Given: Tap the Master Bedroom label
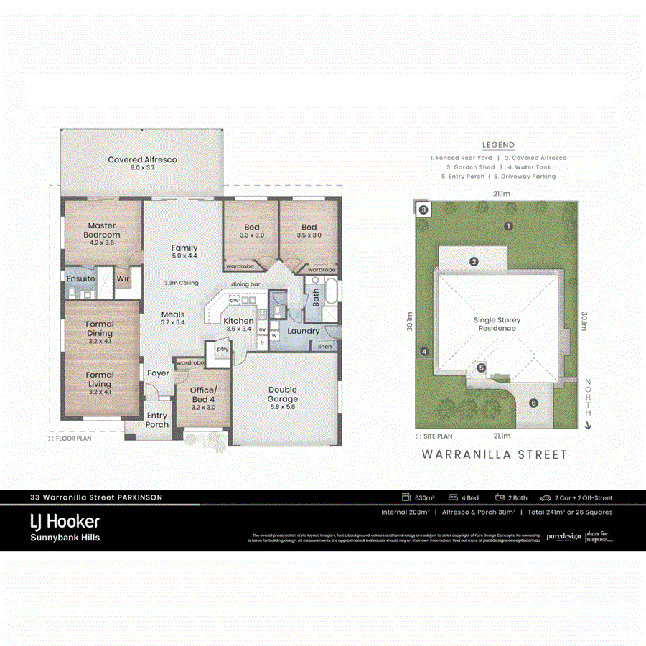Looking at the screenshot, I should tap(101, 230).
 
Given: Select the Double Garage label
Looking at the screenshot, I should tap(283, 395).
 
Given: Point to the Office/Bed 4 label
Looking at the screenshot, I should tap(202, 395).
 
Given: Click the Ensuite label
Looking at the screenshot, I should tap(80, 278).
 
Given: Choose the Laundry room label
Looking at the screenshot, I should tap(303, 331).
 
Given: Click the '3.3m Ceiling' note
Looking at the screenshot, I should tap(181, 283).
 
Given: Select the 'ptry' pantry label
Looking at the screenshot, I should tap(223, 349).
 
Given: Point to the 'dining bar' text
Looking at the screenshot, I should tap(246, 284).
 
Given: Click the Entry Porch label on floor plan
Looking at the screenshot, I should tap(157, 420).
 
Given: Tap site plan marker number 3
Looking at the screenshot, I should tap(423, 210).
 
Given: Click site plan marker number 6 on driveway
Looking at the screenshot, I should tap(533, 403).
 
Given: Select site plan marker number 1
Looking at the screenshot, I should tap(508, 226).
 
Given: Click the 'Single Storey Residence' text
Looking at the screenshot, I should tap(497, 324).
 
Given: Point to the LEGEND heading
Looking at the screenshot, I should tap(498, 145).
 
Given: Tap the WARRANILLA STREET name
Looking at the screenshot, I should tap(495, 454).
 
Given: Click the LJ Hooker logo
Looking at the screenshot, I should tap(65, 521).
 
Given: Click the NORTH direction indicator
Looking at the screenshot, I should tap(588, 402).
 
